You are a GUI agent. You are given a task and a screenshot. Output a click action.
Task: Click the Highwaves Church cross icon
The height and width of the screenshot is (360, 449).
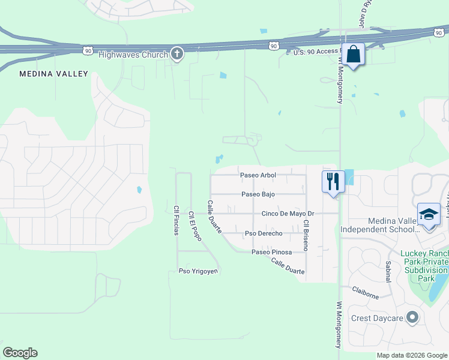pyautogui.click(x=176, y=54)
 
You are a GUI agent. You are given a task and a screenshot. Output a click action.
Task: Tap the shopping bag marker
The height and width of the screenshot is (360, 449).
pyautogui.click(x=353, y=55)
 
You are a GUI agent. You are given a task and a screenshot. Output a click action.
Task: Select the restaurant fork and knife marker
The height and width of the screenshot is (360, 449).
pyautogui.click(x=333, y=181)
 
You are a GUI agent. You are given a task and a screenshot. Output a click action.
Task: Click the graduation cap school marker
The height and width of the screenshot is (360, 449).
pyautogui.click(x=429, y=215)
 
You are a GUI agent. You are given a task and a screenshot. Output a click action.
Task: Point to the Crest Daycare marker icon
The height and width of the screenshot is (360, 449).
pyautogui.click(x=412, y=317)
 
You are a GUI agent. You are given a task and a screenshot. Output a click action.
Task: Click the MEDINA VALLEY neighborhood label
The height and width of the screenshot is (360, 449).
pyautogui.click(x=53, y=74)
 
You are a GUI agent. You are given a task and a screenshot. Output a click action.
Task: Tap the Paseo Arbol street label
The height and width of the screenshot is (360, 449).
pyautogui.click(x=258, y=175)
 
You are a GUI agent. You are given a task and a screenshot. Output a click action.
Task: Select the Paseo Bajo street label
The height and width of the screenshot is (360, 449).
pyautogui.click(x=258, y=194)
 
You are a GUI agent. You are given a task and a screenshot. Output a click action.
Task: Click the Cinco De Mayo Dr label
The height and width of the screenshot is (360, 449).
pyautogui.click(x=288, y=214)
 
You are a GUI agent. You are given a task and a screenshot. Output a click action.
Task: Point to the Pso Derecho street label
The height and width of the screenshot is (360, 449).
pyautogui.click(x=264, y=233)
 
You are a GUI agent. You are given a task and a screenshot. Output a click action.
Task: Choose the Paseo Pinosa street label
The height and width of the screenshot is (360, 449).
pyautogui.click(x=271, y=252)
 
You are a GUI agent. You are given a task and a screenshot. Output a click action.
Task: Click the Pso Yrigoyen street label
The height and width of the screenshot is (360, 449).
pyautogui.click(x=197, y=271)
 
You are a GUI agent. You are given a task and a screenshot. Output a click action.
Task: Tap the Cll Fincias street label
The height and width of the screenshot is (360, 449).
pyautogui.click(x=176, y=220)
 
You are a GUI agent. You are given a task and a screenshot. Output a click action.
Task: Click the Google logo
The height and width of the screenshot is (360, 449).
pyautogui.click(x=20, y=353)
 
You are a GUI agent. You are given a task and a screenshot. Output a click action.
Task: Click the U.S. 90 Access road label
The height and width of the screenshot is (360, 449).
pyautogui.click(x=315, y=51)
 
